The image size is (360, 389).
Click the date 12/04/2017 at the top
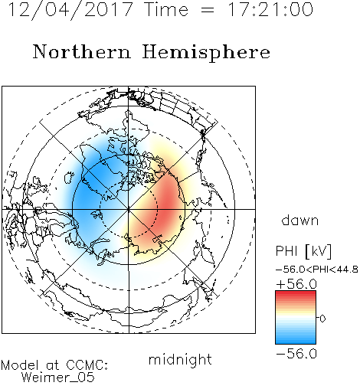tap(70, 10)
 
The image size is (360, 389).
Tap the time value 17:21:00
tap(270, 9)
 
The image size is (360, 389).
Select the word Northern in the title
tap(82, 51)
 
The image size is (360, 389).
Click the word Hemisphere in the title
tap(206, 53)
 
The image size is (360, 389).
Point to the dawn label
tap(300, 220)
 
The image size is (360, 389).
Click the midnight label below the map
tap(180, 359)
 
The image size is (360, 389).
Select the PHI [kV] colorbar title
tap(303, 251)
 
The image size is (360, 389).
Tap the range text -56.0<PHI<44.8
tap(317, 270)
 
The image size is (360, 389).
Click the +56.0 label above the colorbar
tap(296, 284)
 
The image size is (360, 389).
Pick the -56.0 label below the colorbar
tap(296, 354)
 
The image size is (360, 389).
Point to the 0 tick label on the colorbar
tap(322, 319)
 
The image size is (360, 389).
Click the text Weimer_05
tap(58, 378)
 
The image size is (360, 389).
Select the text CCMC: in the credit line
tap(87, 365)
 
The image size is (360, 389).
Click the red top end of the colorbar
tap(296, 293)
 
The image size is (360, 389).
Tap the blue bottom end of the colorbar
tap(296, 342)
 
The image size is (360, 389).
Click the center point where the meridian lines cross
tap(129, 209)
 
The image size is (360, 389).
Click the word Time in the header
tap(166, 9)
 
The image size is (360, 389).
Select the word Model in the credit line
tap(20, 365)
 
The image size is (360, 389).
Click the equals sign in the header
tap(208, 10)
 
